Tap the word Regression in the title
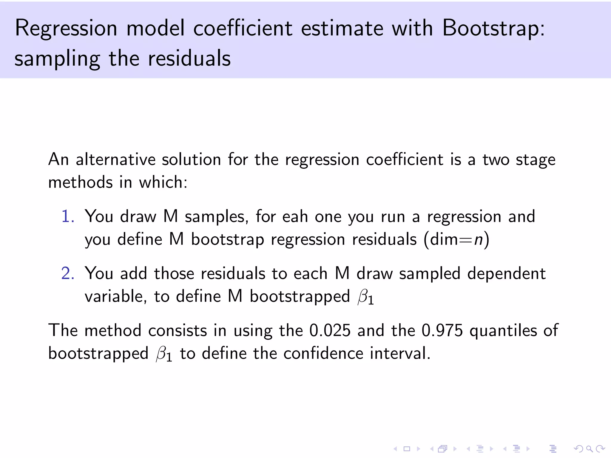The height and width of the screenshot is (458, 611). coord(66,29)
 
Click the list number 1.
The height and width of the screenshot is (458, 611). coord(67,216)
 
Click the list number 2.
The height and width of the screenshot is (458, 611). coord(68,273)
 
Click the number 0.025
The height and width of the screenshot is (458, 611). coord(330,331)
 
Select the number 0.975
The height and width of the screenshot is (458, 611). coord(442,331)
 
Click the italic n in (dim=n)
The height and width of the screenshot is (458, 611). coord(478,239)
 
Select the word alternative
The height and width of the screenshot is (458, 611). coord(115,160)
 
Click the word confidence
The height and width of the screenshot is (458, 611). coord(323,354)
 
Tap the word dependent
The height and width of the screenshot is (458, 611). coord(506,273)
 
